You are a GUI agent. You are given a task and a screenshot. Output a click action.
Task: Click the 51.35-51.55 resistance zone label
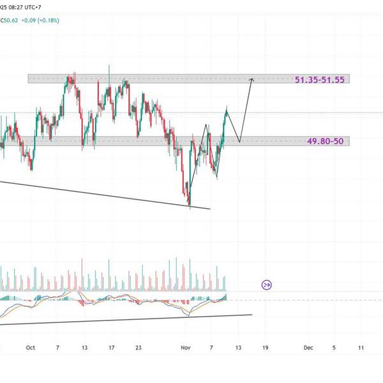coord(319,80)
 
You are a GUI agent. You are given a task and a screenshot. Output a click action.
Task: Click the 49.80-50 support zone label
coord(324,142)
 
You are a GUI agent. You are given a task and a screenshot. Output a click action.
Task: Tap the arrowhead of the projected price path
coord(252,79)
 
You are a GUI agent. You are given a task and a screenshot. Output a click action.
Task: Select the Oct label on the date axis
coord(29,348)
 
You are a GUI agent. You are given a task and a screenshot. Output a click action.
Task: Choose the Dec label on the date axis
coord(308,348)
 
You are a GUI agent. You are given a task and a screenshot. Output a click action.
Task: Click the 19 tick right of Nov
coord(266,348)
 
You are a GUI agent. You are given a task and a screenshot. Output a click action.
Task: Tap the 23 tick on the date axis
coord(138,348)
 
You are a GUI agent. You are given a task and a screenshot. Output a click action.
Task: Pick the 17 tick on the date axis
coord(111,348)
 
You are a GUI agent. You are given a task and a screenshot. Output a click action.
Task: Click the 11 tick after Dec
coord(361,348)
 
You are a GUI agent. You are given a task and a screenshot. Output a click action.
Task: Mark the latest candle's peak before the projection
coord(227,109)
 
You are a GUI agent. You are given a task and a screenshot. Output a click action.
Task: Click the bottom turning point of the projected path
coord(239,142)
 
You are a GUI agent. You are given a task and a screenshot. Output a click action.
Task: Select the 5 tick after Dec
coord(334,348)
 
